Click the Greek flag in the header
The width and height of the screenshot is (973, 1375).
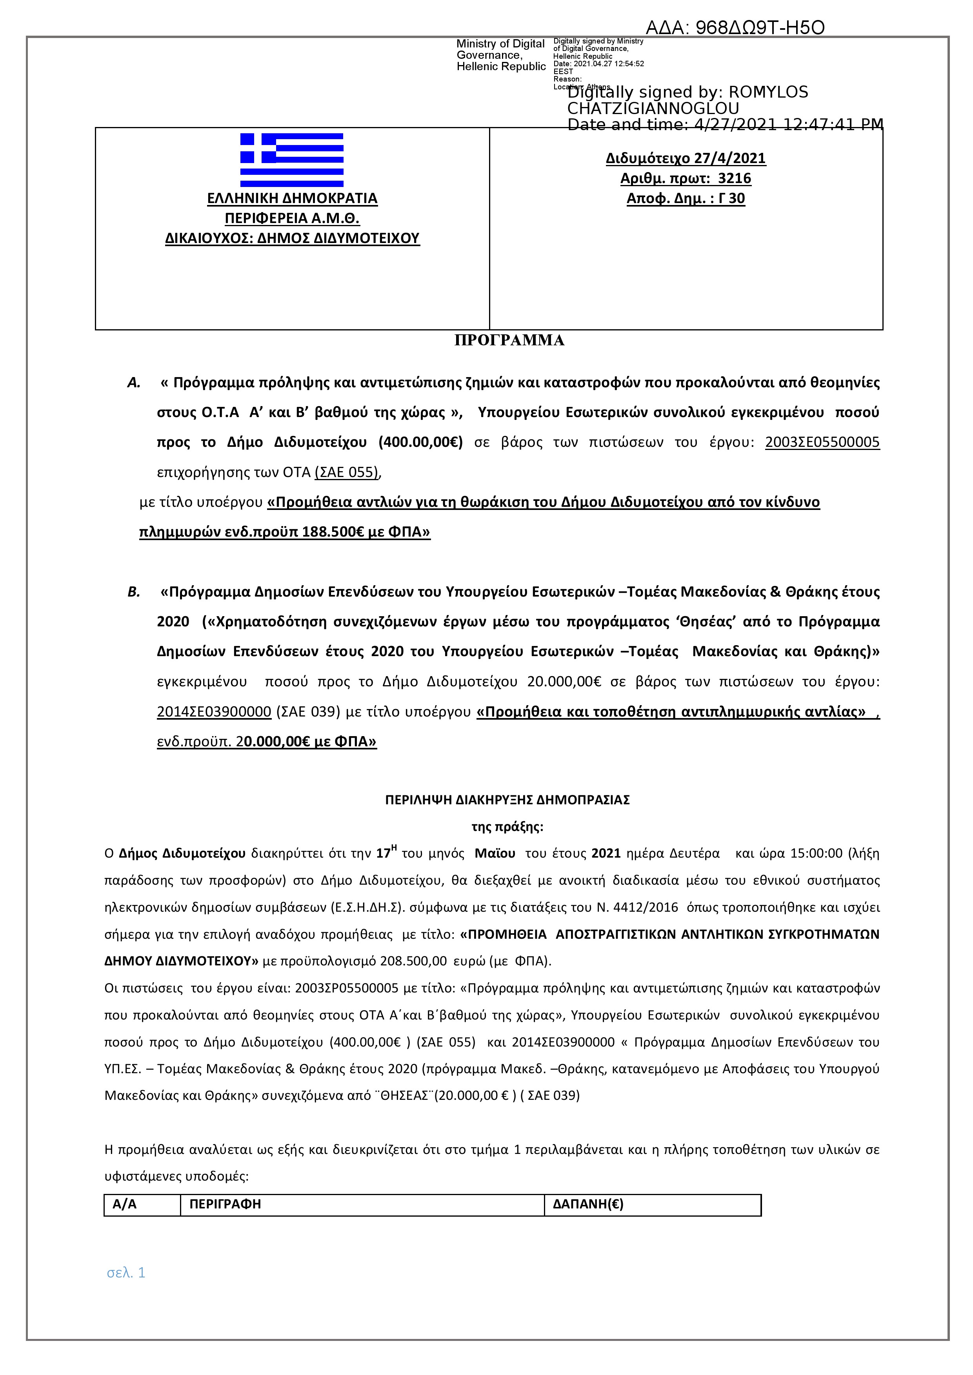292,160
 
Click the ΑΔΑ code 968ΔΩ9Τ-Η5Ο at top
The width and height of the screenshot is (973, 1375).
735,27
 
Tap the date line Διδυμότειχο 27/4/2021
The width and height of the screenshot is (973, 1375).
686,158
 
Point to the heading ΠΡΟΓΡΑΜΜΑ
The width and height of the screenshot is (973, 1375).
509,340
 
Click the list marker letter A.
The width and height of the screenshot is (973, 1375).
134,383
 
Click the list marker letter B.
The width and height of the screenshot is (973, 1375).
134,592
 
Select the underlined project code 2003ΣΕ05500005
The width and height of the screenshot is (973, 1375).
822,443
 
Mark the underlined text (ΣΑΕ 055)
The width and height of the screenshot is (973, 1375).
347,472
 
